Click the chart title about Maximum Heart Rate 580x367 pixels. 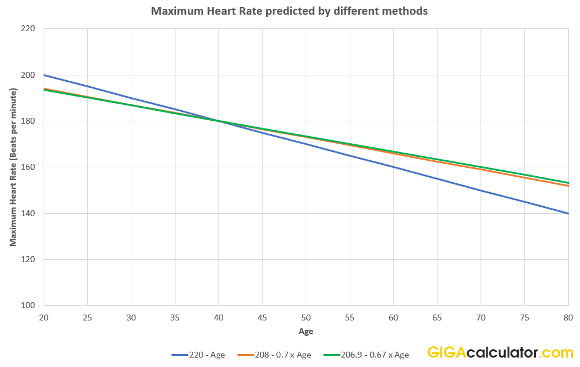pos(289,11)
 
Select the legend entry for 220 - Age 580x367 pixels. pos(198,355)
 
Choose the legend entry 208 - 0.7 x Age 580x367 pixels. pos(274,355)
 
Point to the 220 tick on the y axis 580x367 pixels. pos(28,28)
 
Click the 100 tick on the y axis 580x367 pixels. pos(28,305)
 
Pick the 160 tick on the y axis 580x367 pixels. pos(28,167)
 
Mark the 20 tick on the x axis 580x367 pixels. pos(44,317)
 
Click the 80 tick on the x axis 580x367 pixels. pos(568,317)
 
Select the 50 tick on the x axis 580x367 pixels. pos(306,317)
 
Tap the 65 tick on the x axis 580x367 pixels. pos(437,317)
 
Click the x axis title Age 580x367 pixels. pos(306,331)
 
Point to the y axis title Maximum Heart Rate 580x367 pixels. pos(12,167)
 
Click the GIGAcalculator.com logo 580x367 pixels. pos(500,353)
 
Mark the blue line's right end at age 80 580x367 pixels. pos(568,213)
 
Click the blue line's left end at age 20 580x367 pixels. pos(44,75)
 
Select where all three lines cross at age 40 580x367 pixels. pos(218,121)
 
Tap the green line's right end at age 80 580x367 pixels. pos(568,183)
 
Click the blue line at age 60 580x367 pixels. pos(393,167)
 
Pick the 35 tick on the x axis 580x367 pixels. pos(175,317)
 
